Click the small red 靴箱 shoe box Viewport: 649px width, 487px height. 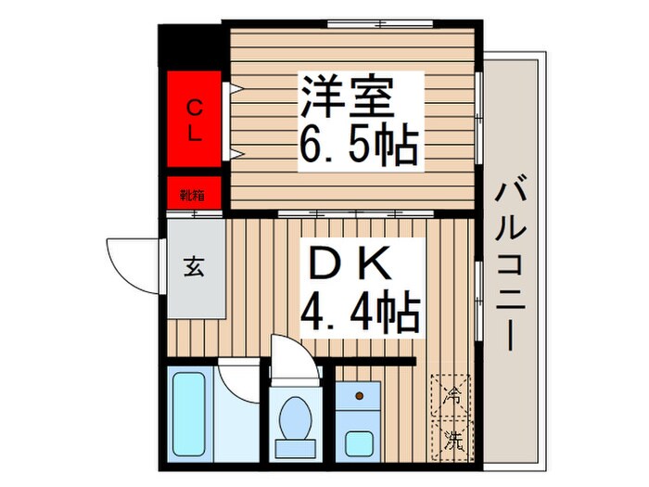195,195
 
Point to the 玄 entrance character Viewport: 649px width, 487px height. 194,267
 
